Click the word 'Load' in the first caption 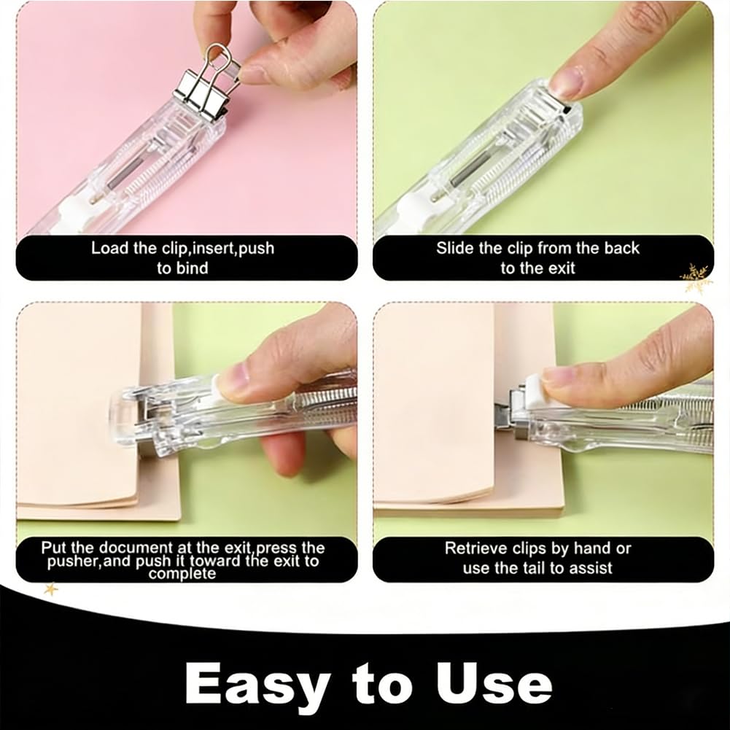[x=109, y=248]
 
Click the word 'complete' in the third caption [x=182, y=573]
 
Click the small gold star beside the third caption [x=51, y=589]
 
